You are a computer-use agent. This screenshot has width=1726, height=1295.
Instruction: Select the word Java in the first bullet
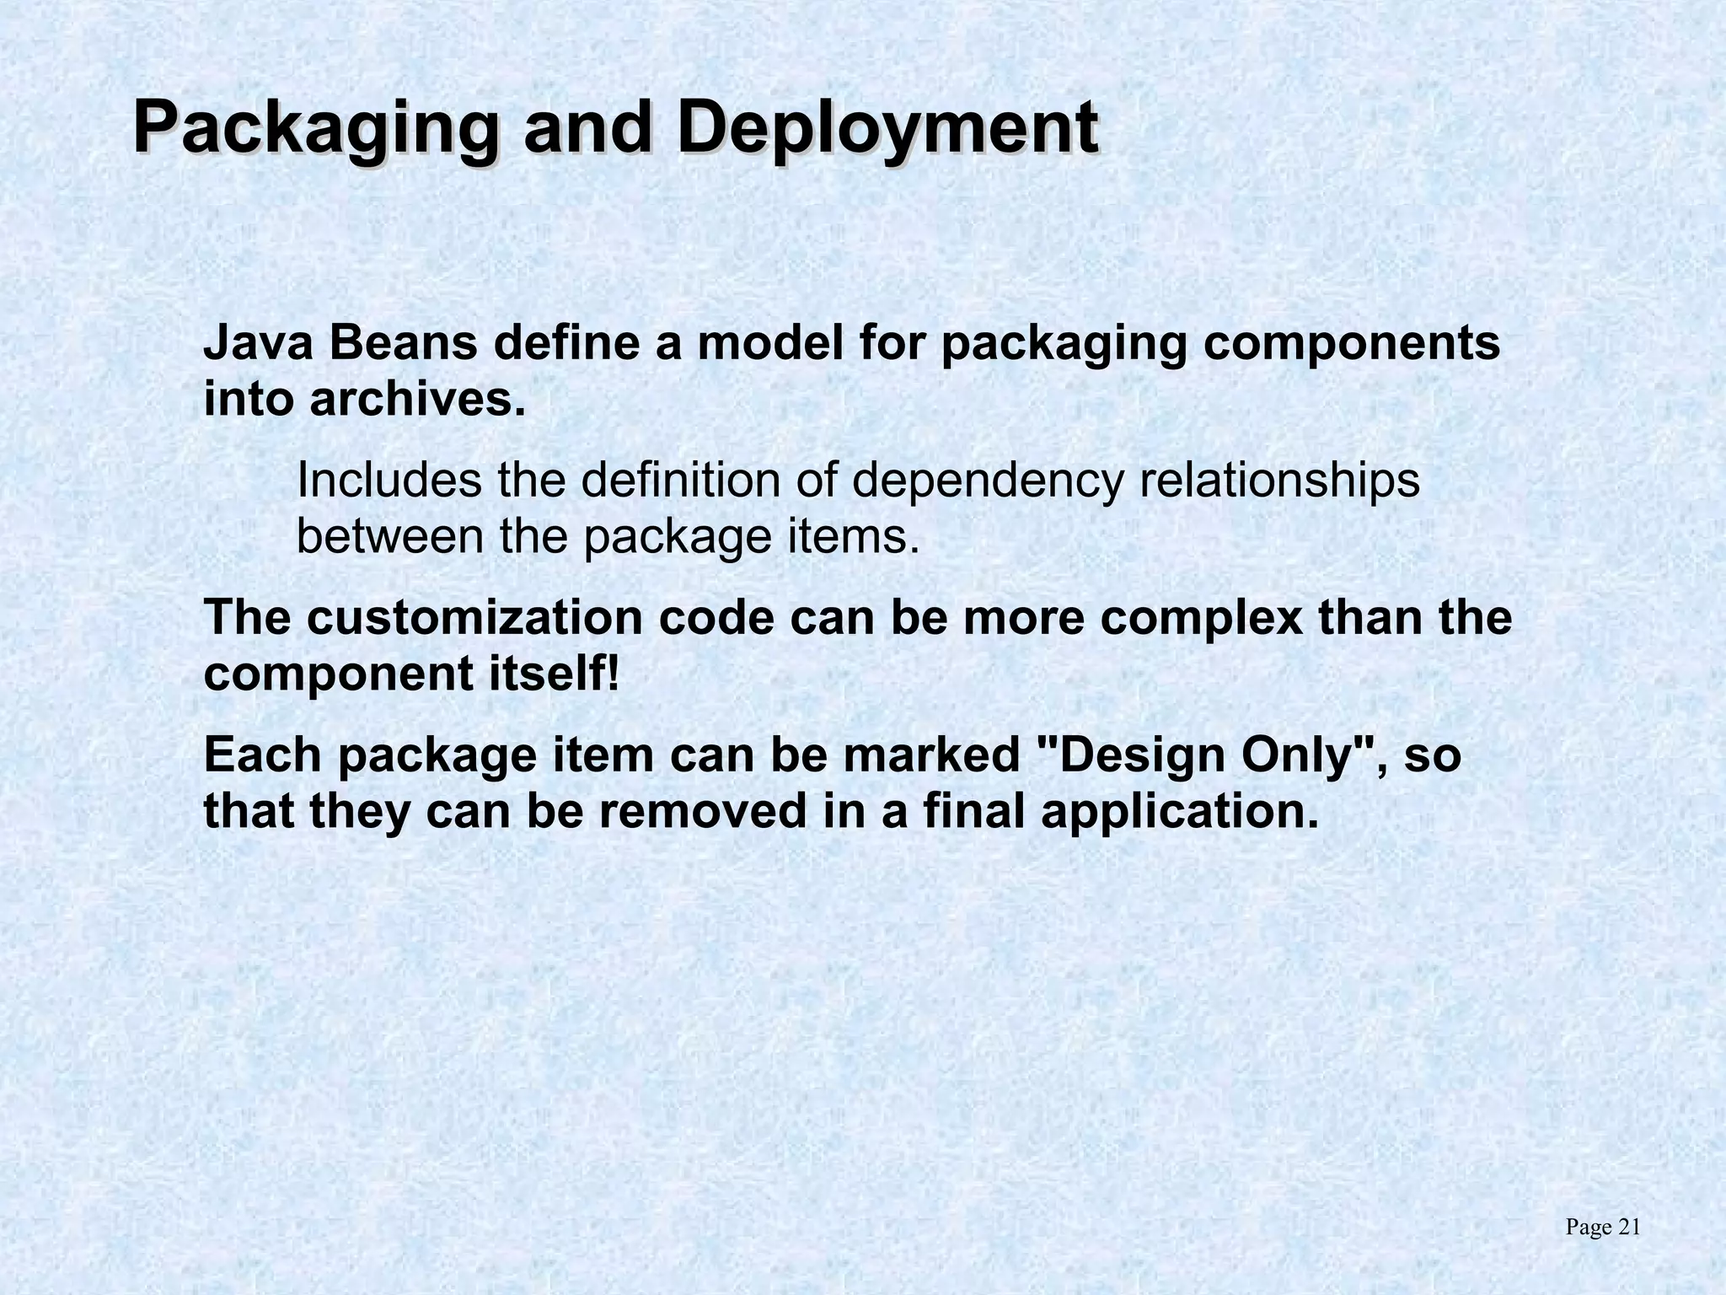pyautogui.click(x=258, y=344)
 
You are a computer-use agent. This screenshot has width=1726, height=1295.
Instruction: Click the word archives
pyautogui.click(x=417, y=399)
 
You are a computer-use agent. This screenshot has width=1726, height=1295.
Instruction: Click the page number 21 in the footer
pyautogui.click(x=1629, y=1228)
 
